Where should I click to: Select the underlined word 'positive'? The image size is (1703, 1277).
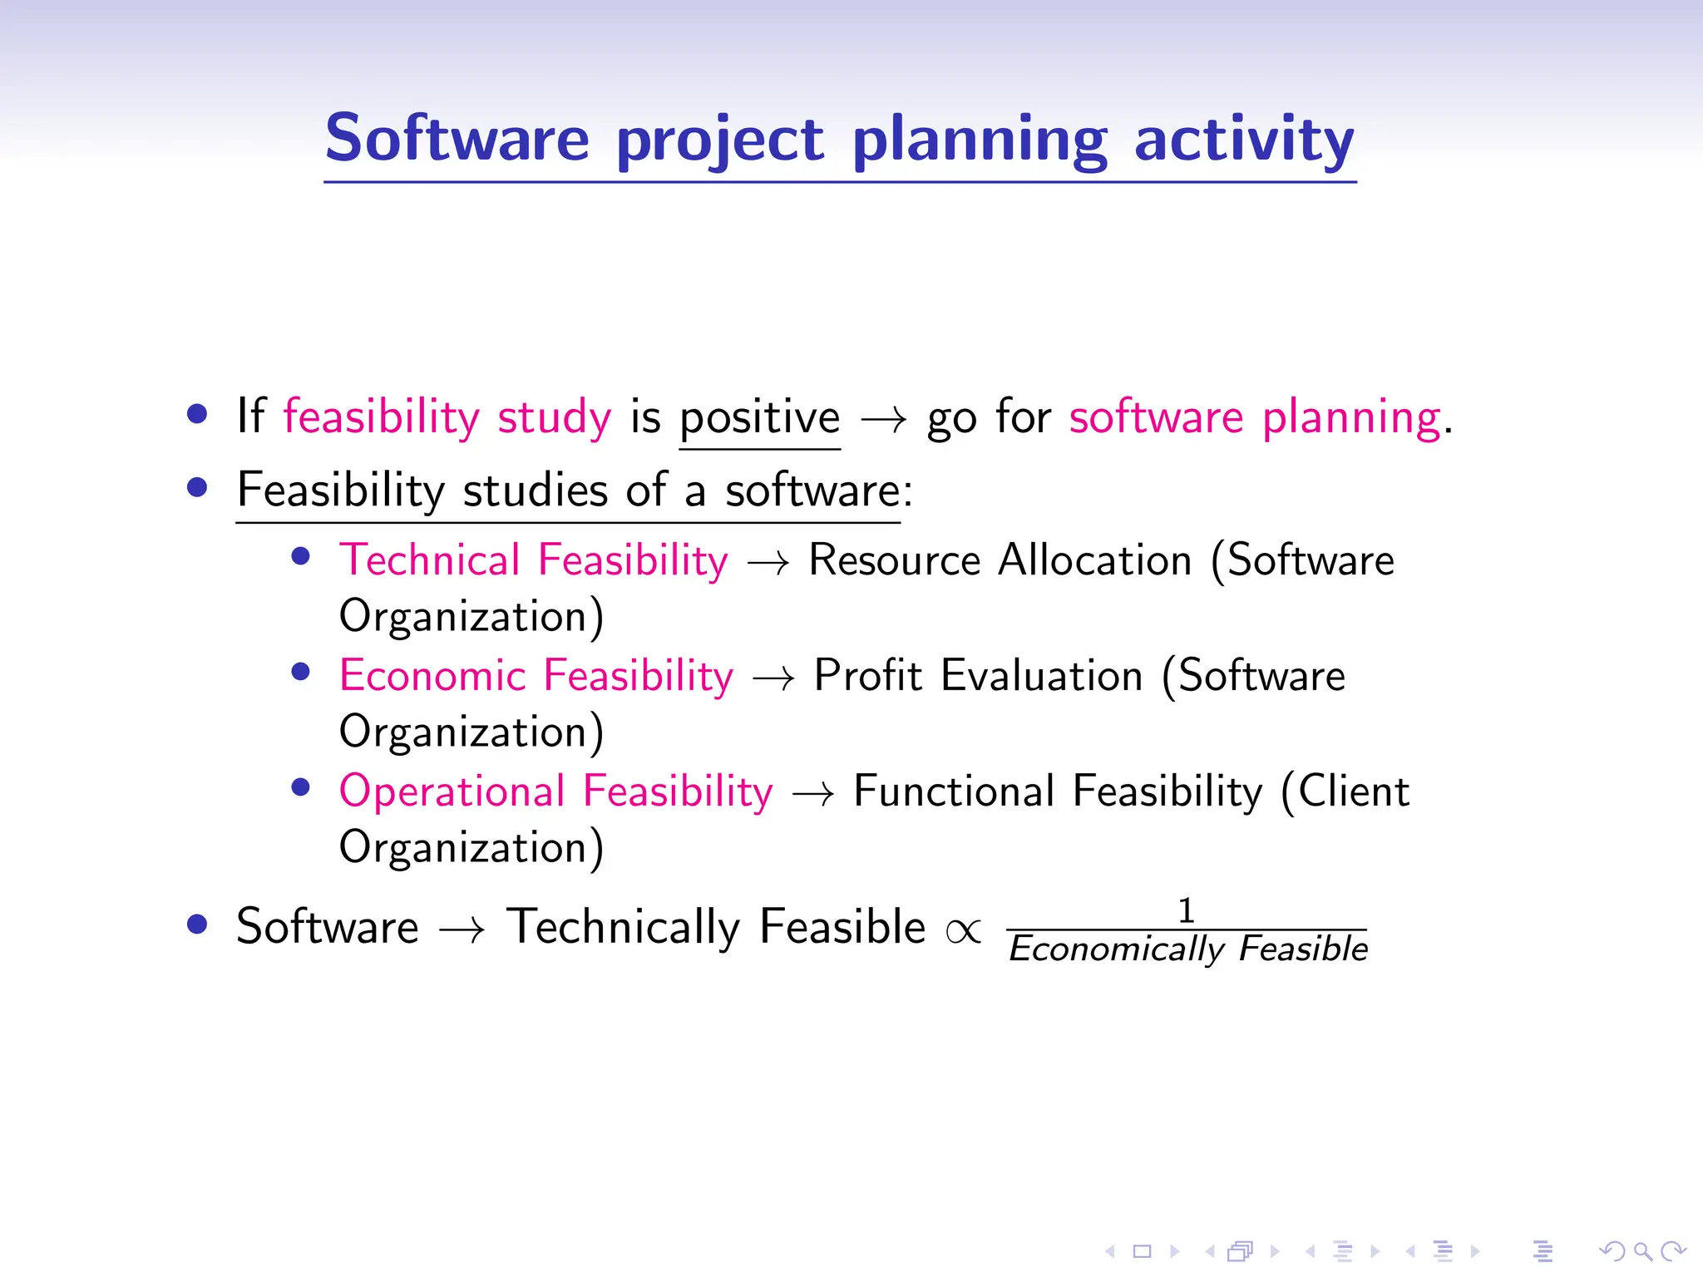tap(759, 417)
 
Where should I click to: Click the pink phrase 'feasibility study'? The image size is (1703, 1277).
tap(447, 417)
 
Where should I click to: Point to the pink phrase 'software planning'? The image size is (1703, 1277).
tap(1255, 417)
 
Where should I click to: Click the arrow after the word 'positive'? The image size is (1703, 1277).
tap(883, 419)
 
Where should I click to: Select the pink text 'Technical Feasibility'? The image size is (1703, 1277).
tap(533, 560)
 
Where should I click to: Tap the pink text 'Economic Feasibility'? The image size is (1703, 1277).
tap(536, 675)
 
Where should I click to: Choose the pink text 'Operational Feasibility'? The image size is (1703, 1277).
tap(555, 791)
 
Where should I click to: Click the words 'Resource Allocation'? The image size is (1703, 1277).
tap(1000, 560)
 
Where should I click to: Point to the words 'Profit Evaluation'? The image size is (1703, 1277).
tap(978, 675)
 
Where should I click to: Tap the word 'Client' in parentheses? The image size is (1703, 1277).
tap(1353, 791)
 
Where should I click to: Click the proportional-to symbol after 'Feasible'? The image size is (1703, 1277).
tap(964, 931)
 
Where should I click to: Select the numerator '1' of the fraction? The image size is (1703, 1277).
tap(1187, 910)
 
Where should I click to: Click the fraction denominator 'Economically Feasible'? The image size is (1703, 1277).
tap(1187, 949)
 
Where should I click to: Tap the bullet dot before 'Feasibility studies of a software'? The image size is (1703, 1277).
tap(197, 487)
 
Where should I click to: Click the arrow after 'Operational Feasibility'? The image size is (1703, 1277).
tap(812, 794)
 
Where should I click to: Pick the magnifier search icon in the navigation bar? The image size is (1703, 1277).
tap(1642, 1251)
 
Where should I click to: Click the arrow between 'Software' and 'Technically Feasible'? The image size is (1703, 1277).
tap(462, 929)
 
